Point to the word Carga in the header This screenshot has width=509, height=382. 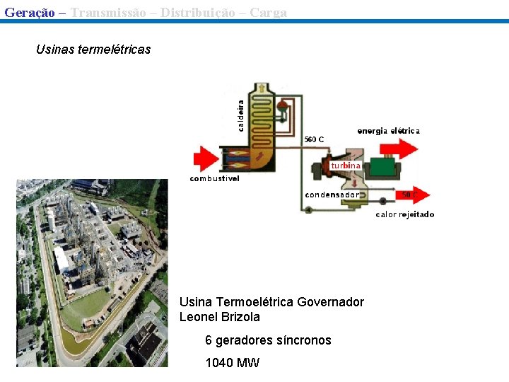pos(268,12)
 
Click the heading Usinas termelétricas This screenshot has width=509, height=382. pos(93,50)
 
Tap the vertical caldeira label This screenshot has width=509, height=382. pos(241,115)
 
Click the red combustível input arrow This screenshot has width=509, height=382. pos(205,158)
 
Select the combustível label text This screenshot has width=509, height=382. pos(214,179)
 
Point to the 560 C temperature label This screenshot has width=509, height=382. pos(314,139)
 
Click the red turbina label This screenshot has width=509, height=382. pos(346,166)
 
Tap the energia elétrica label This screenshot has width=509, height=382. pos(388,131)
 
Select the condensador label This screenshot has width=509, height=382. pos(332,195)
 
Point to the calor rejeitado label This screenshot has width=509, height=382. pos(404,214)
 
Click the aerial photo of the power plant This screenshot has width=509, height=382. pos(92,272)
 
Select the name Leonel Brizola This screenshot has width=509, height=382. pos(220,317)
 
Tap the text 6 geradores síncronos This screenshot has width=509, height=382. pos(268,340)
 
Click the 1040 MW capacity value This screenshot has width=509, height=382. pos(232,363)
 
